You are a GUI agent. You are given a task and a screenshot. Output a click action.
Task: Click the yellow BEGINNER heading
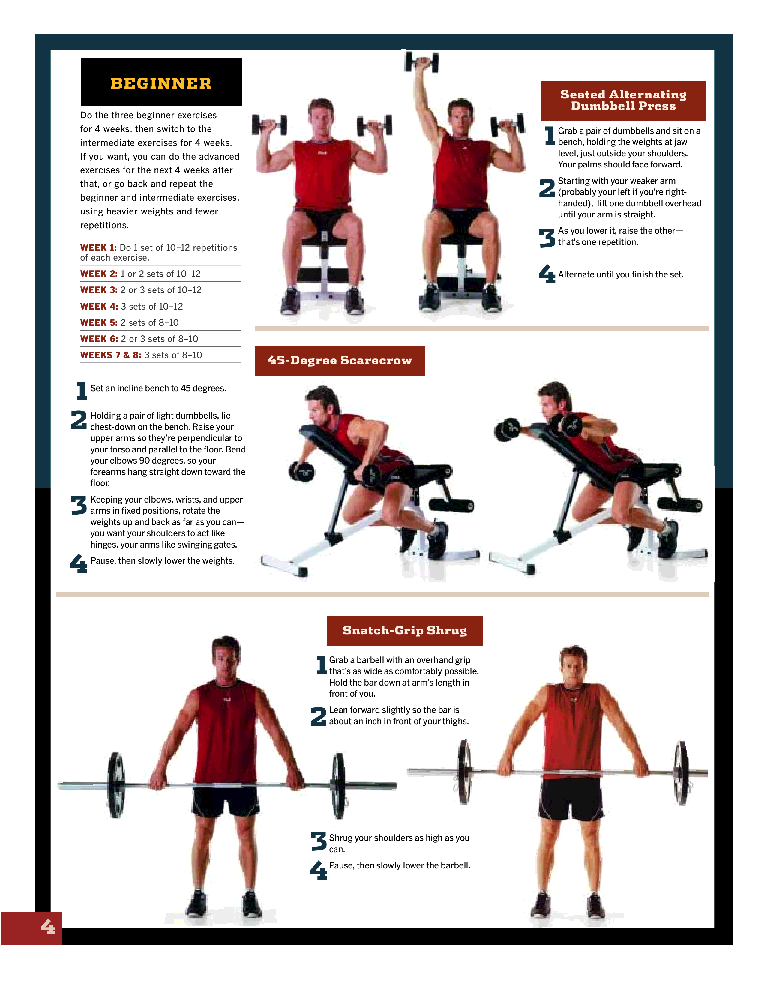click(161, 83)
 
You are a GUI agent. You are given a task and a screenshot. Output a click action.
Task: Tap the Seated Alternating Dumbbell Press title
click(623, 100)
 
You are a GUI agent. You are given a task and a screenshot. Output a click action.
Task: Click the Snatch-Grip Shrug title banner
click(405, 631)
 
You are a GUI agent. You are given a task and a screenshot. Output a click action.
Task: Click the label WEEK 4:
click(99, 306)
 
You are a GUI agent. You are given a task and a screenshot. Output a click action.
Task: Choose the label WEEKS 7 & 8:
click(111, 355)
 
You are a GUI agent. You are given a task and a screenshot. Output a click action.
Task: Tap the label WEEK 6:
click(99, 339)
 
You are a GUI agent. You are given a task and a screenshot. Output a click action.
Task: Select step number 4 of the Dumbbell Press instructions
click(547, 274)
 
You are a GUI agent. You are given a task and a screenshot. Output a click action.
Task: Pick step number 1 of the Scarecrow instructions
click(82, 390)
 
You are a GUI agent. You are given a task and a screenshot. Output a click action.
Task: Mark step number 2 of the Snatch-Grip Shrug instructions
click(318, 716)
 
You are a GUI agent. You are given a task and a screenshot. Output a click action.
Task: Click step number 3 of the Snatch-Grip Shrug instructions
click(318, 841)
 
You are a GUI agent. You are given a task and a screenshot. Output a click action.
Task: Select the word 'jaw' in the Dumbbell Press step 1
click(681, 142)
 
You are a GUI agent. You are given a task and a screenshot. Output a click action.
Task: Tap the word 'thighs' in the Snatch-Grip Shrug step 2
click(455, 721)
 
